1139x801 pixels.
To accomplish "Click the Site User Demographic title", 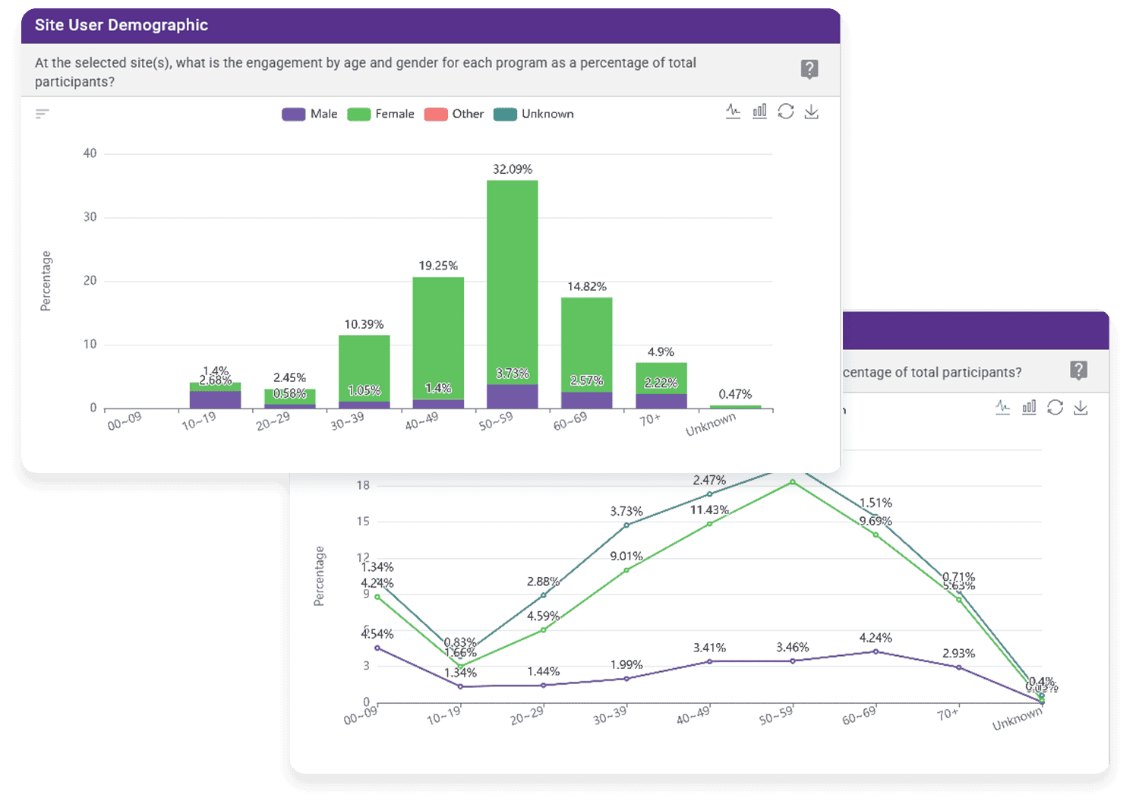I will (x=121, y=25).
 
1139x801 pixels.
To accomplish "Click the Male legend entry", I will (x=310, y=114).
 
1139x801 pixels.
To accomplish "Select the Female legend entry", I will (x=381, y=114).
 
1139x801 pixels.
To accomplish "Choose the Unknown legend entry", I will (x=534, y=114).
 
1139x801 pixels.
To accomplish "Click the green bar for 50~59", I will (x=513, y=281).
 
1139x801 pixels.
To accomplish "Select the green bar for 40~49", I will (x=438, y=334).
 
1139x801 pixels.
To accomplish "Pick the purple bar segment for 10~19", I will (x=215, y=400).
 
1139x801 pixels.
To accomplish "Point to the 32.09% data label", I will (x=513, y=169).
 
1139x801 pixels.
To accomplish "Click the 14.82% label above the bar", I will (x=587, y=286).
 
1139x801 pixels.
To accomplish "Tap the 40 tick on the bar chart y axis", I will (x=90, y=153).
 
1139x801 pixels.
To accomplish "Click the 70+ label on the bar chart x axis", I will (x=649, y=420).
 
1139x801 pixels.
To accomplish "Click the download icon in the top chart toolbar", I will (x=812, y=112).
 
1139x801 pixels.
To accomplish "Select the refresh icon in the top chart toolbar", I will (x=786, y=112).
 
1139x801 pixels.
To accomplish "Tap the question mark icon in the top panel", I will (x=809, y=70).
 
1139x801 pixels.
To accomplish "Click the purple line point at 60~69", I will (x=876, y=651).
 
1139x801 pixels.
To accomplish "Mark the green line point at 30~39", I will (x=626, y=570).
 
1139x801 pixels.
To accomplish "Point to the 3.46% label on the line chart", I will (x=793, y=648).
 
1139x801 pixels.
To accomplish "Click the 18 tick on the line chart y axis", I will (x=364, y=485).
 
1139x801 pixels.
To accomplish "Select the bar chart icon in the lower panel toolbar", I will (x=1029, y=408).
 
